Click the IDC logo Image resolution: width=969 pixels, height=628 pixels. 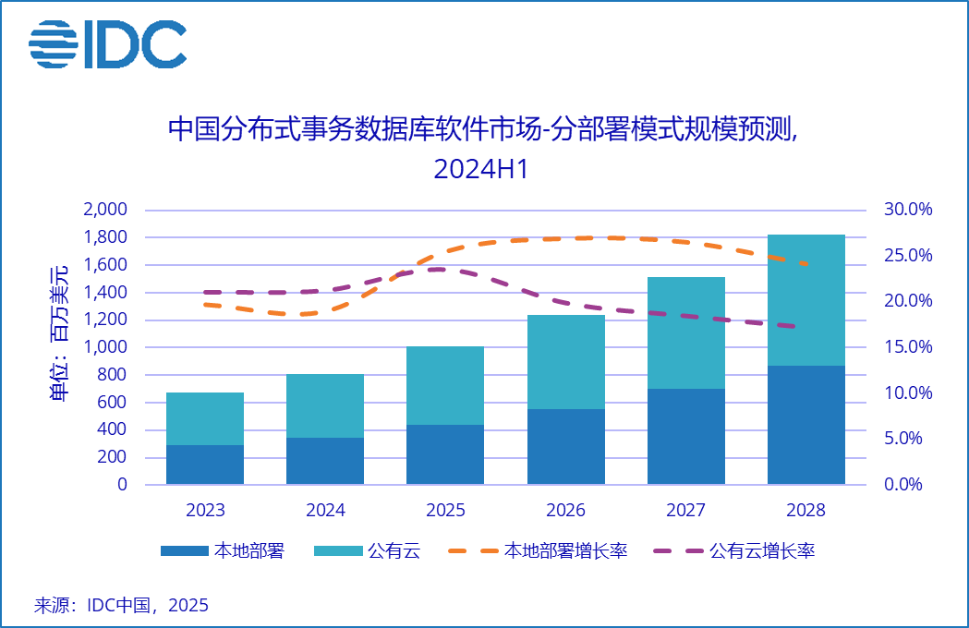(x=107, y=43)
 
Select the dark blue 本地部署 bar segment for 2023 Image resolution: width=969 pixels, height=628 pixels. (x=205, y=465)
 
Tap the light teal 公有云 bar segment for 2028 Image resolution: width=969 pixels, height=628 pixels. (x=806, y=300)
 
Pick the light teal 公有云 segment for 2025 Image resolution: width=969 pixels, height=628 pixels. (x=445, y=385)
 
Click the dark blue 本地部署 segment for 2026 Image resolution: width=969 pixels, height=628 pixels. (x=565, y=447)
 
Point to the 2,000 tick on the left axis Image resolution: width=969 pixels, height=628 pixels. (x=105, y=210)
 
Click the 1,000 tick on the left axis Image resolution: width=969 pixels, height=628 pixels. (x=105, y=347)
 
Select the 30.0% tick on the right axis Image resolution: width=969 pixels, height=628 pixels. (x=908, y=210)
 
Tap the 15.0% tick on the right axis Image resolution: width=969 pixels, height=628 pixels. (x=908, y=347)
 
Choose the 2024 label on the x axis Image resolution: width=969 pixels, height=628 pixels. (x=325, y=511)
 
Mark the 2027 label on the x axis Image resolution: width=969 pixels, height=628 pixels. (x=685, y=511)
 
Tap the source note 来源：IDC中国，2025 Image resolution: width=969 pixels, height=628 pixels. (x=121, y=606)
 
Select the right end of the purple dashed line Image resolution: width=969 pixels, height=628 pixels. (x=793, y=326)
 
